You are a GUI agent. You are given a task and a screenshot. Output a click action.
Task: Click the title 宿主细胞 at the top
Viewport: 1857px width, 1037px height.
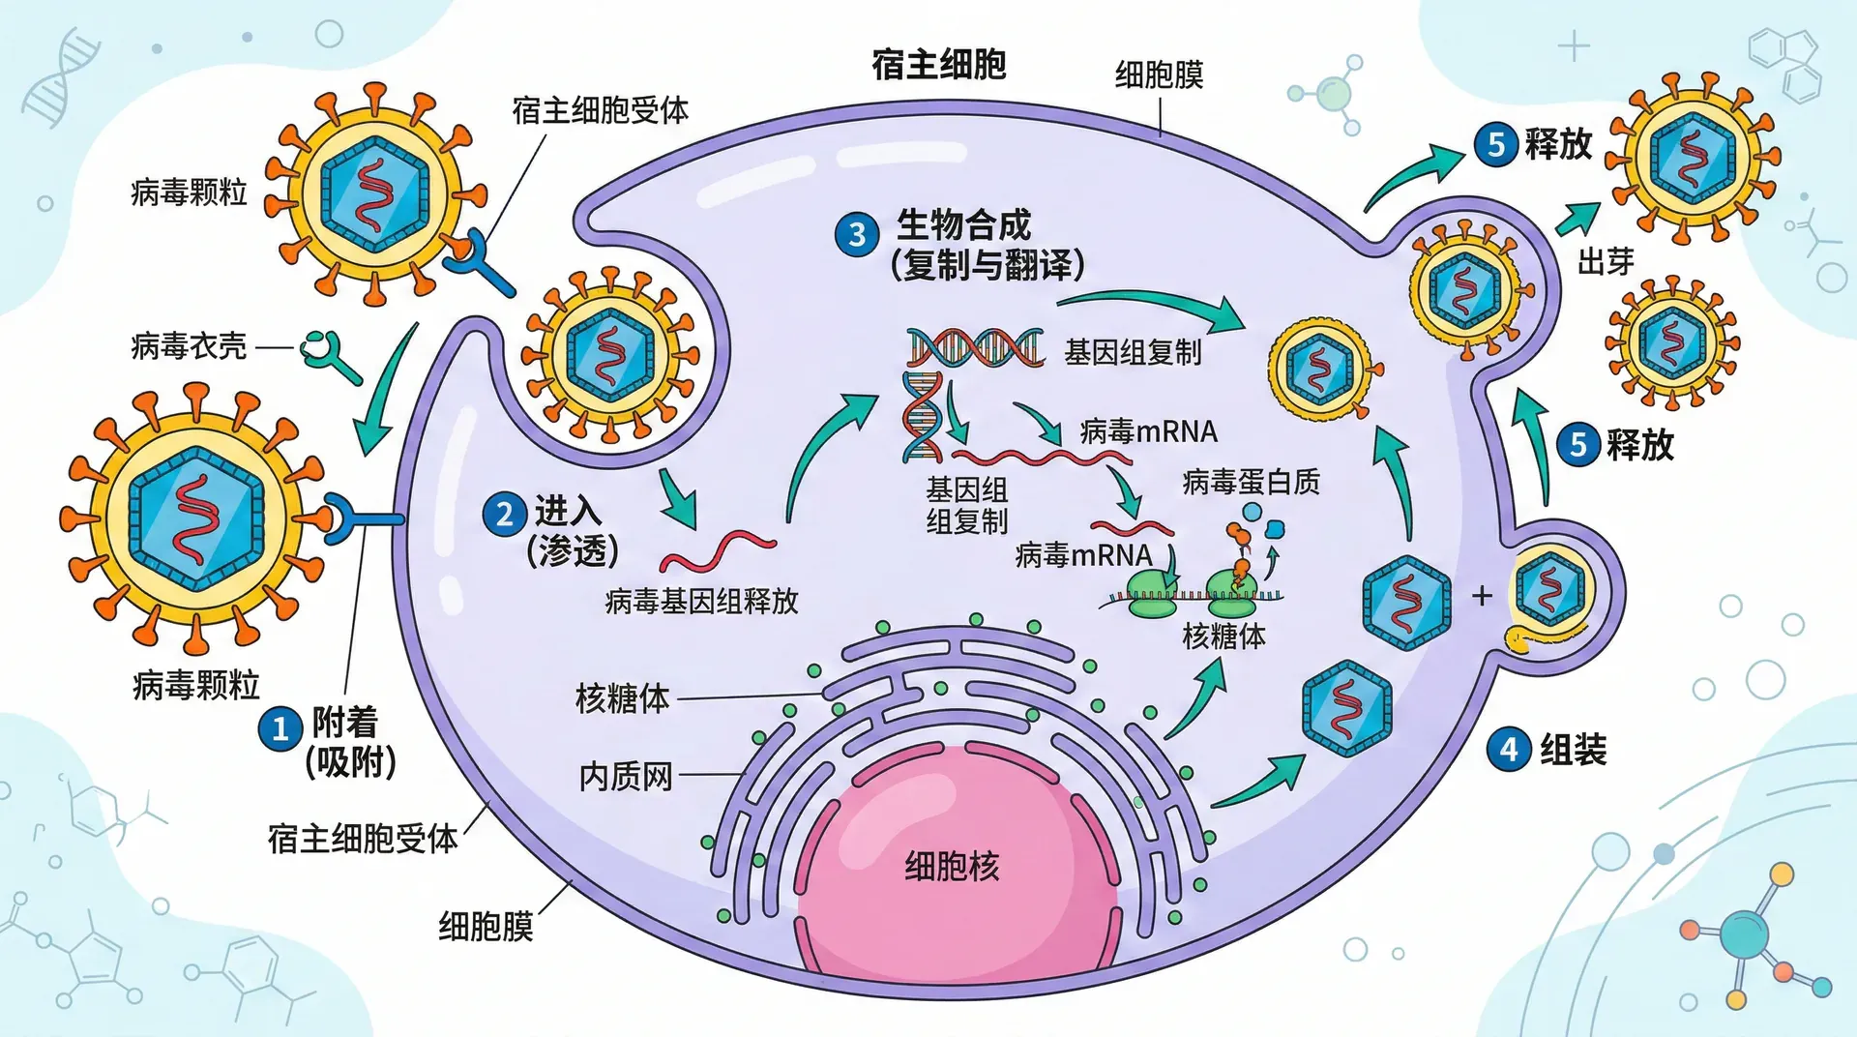(x=938, y=65)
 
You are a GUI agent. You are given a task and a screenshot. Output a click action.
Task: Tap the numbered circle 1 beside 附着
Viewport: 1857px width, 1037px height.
(x=280, y=728)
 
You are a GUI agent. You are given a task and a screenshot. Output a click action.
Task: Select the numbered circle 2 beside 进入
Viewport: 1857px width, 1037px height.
(x=504, y=514)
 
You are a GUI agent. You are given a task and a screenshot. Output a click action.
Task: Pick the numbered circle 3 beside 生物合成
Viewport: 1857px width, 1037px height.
(x=857, y=235)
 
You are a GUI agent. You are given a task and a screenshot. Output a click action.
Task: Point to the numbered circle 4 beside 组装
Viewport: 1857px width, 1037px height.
(x=1509, y=750)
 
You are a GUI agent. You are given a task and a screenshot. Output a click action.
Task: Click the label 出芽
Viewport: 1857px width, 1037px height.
(x=1606, y=261)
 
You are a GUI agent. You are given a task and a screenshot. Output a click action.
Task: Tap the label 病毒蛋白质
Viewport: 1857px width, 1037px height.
(x=1251, y=482)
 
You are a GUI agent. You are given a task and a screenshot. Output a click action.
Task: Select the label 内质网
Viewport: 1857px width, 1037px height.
(x=625, y=776)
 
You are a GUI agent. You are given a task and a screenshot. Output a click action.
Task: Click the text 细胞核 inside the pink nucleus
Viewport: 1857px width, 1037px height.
(x=952, y=866)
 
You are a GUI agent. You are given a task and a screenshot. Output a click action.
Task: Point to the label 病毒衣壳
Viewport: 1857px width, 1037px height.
(x=189, y=346)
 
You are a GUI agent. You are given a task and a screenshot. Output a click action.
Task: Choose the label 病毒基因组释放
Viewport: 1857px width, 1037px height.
(x=702, y=602)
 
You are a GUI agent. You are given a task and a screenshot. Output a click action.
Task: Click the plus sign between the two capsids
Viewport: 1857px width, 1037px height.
(x=1482, y=596)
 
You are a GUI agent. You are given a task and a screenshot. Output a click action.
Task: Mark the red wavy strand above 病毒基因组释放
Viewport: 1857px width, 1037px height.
(x=718, y=551)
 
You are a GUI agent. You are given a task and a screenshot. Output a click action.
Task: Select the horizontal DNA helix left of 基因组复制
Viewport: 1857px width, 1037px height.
(x=975, y=348)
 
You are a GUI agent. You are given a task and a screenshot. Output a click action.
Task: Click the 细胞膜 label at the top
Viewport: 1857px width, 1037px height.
(x=1159, y=75)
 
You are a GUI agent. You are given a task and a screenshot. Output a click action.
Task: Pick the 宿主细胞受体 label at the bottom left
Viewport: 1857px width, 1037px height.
(x=363, y=839)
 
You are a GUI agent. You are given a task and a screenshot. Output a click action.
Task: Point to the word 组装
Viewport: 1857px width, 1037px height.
(x=1573, y=750)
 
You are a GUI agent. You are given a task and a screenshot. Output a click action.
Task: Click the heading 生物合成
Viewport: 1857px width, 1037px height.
(x=963, y=225)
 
